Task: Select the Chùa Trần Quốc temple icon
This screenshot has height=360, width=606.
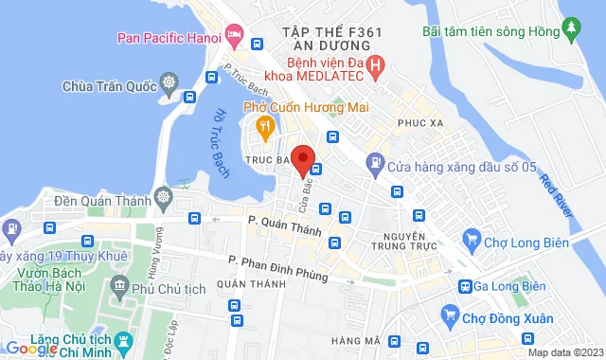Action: [169, 87]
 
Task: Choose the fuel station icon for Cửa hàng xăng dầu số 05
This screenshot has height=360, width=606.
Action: [375, 162]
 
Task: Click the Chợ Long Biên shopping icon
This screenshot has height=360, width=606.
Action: [470, 238]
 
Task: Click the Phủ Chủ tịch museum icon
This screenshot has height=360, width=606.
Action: [119, 286]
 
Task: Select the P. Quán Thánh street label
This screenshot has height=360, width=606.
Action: [285, 225]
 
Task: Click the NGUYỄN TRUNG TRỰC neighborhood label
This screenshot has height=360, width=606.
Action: [407, 243]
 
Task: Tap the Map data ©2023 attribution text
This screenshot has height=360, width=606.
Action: [564, 352]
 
